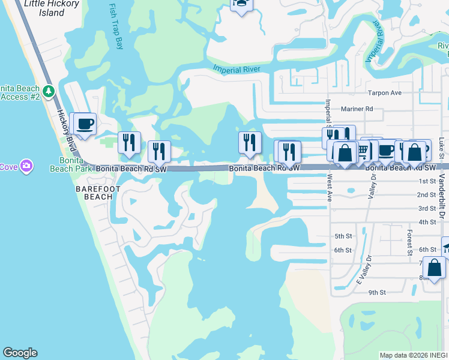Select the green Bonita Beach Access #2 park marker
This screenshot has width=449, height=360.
pyautogui.click(x=49, y=92)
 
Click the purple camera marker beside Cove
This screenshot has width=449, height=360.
pyautogui.click(x=26, y=166)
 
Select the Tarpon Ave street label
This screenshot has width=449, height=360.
pyautogui.click(x=384, y=93)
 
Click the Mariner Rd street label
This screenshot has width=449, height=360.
pyautogui.click(x=357, y=109)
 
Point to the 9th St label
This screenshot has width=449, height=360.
pyautogui.click(x=376, y=292)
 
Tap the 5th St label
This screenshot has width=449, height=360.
pyautogui.click(x=343, y=236)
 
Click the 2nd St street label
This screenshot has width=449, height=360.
pyautogui.click(x=426, y=195)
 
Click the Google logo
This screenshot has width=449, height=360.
pyautogui.click(x=20, y=353)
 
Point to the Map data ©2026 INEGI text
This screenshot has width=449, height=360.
pyautogui.click(x=414, y=355)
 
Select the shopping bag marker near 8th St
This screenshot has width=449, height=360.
pyautogui.click(x=434, y=268)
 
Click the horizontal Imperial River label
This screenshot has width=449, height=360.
pyautogui.click(x=236, y=70)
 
